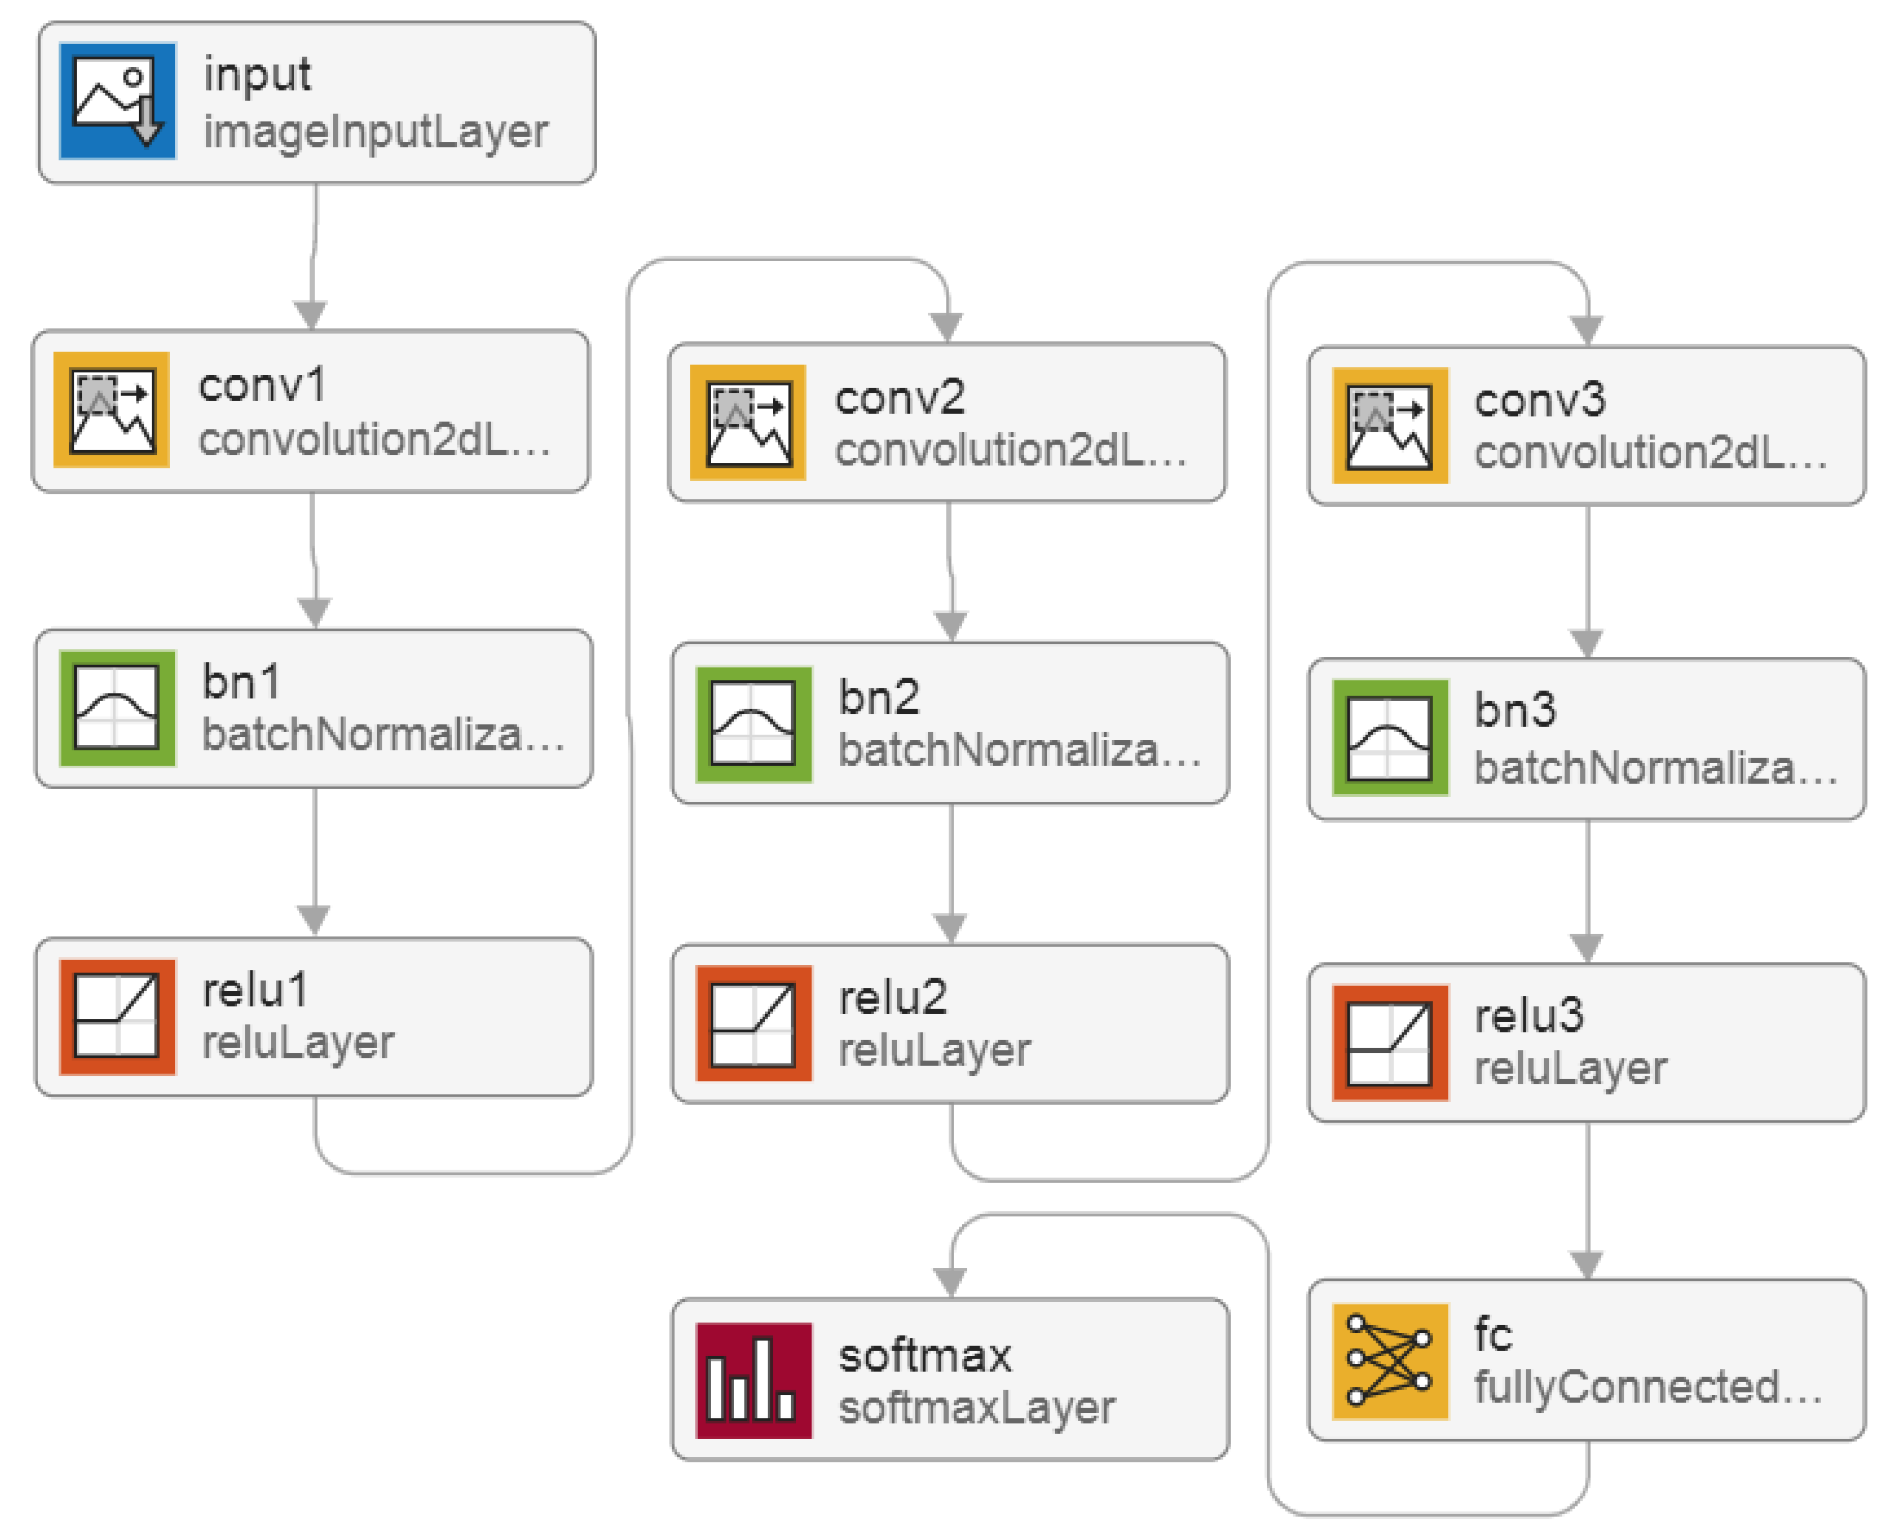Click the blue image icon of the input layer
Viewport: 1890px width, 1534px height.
click(117, 101)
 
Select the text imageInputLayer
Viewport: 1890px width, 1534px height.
click(375, 133)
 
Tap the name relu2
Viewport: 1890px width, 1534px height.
click(893, 998)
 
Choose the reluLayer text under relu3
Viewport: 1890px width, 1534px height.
click(1570, 1069)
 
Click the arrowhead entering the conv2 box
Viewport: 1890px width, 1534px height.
click(947, 327)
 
